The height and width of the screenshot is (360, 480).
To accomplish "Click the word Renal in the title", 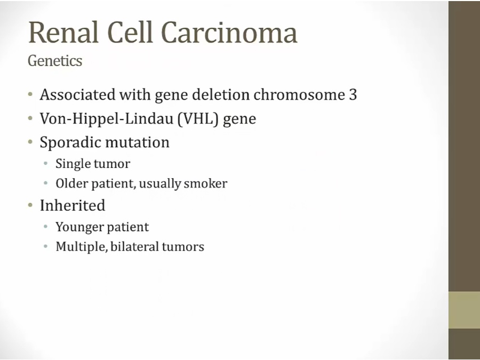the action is (x=63, y=32).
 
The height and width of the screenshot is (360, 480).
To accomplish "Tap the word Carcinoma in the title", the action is (x=229, y=32).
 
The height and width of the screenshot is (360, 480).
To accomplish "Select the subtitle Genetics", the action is (x=55, y=61).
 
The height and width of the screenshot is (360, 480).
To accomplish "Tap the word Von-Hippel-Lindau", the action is (x=107, y=119).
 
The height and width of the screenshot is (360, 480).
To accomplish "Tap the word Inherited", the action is (x=73, y=205).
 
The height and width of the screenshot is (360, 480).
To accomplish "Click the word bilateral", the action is (x=134, y=247).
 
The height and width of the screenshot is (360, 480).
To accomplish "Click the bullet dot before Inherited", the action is (x=30, y=205).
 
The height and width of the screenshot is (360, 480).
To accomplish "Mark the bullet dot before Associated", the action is (x=30, y=94).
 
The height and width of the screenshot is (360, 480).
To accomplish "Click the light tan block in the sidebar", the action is (x=464, y=310).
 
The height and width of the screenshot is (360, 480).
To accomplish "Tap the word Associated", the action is (x=78, y=94).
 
